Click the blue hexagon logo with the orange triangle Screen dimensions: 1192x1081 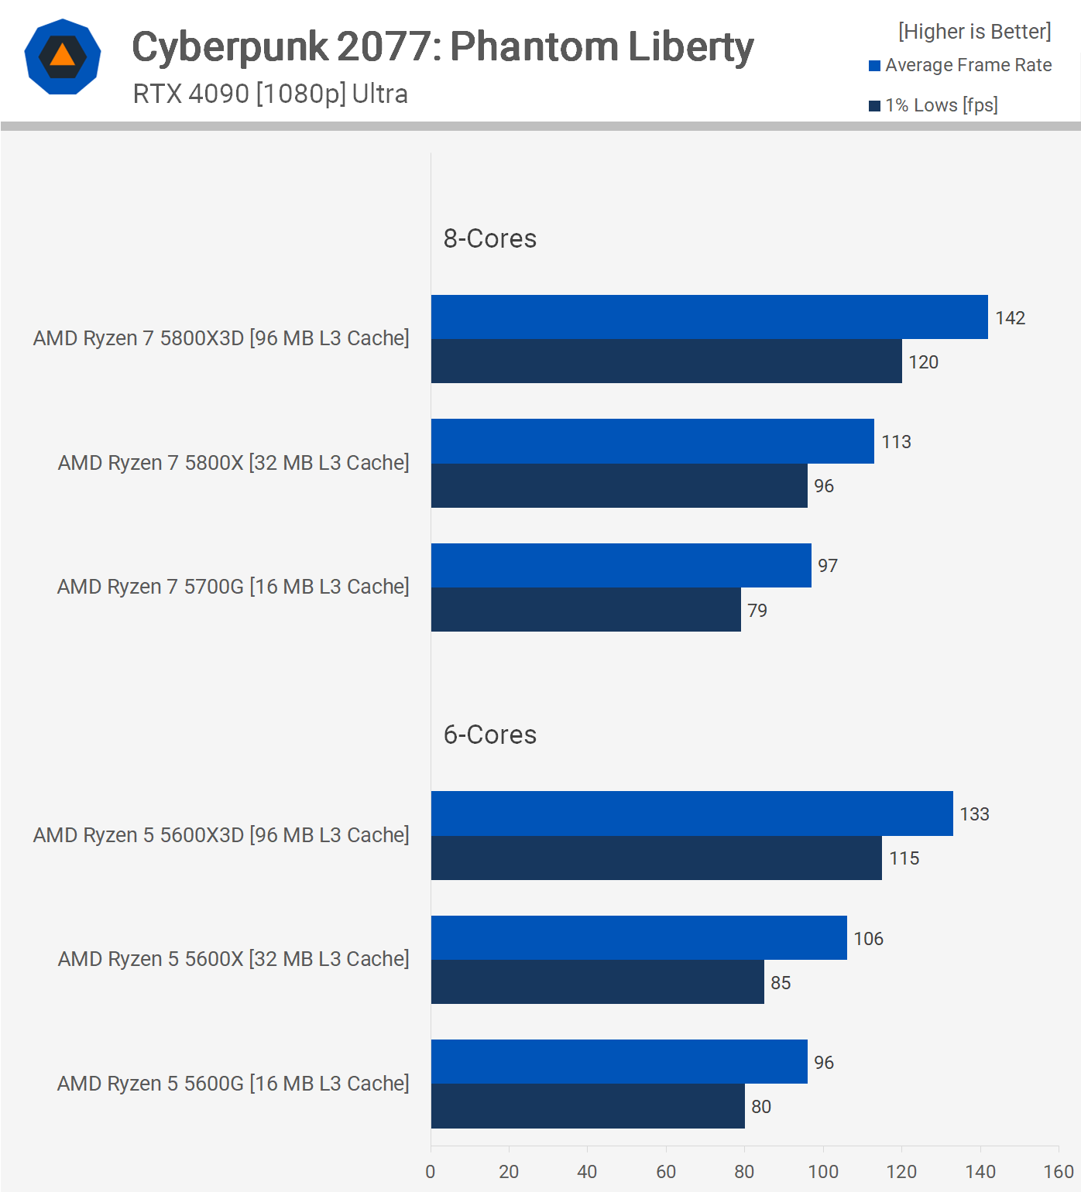[63, 57]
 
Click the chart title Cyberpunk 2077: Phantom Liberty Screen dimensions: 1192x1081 [442, 46]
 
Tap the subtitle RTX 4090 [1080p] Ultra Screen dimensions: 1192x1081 [270, 94]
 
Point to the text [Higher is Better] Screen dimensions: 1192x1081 [974, 31]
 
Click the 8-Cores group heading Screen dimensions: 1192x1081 [489, 238]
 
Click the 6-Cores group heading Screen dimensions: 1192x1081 [489, 735]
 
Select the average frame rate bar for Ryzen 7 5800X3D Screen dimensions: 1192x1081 [709, 317]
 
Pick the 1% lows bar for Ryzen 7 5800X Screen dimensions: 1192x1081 [619, 486]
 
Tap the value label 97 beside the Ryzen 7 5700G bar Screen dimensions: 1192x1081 [827, 566]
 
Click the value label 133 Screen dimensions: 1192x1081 [974, 814]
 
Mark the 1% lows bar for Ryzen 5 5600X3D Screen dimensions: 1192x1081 [656, 858]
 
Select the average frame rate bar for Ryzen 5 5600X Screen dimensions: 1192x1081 [639, 938]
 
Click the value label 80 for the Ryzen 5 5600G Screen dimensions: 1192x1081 [760, 1107]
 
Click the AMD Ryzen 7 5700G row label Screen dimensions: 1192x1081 [233, 587]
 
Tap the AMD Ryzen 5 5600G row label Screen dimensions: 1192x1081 [233, 1084]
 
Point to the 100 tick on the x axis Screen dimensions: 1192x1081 [822, 1172]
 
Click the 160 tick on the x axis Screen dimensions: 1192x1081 [1058, 1172]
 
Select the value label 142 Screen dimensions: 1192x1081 [1010, 318]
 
